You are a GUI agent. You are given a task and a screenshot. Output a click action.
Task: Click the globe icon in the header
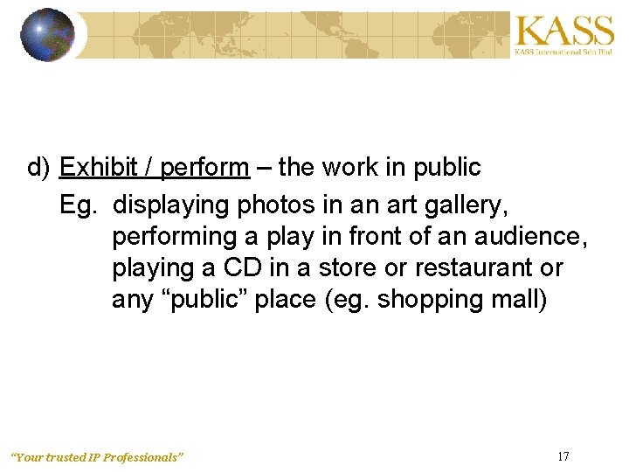click(47, 34)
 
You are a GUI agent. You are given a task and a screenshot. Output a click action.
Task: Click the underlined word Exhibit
click(95, 167)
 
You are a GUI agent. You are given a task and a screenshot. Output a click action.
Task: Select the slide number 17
click(563, 455)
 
